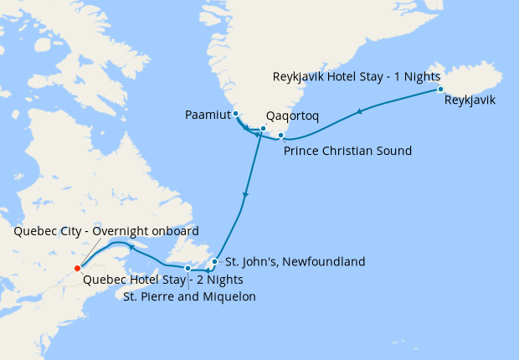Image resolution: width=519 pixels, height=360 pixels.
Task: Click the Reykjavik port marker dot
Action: [440, 89]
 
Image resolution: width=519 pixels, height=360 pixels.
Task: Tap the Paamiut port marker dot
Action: [236, 114]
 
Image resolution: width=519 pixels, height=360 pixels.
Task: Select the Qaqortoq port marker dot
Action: [263, 129]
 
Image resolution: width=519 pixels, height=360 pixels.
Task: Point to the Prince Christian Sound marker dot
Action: [281, 136]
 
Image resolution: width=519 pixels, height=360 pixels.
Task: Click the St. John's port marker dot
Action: [215, 261]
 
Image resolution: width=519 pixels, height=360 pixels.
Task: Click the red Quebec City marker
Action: [77, 268]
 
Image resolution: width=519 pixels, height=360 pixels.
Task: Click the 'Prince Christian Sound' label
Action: [347, 152]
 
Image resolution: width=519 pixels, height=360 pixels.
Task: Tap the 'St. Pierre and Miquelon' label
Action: [189, 296]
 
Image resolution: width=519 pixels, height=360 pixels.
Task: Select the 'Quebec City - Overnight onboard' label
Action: [105, 231]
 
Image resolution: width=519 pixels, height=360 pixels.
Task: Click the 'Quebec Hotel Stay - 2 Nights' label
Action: [156, 281]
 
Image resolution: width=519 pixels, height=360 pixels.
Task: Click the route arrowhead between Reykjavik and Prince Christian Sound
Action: [359, 111]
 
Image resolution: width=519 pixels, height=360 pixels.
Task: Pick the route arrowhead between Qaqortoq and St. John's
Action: [244, 196]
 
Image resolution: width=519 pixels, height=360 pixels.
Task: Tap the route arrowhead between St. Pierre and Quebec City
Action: [132, 249]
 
